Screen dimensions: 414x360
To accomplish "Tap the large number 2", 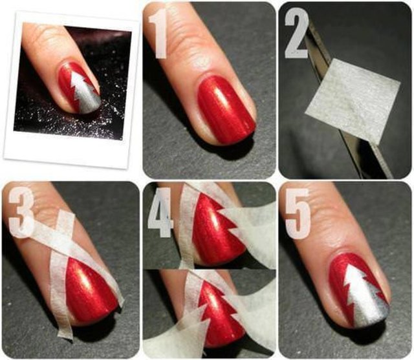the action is pyautogui.click(x=296, y=34).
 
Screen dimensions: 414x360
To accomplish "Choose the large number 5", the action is pyautogui.click(x=298, y=214).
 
